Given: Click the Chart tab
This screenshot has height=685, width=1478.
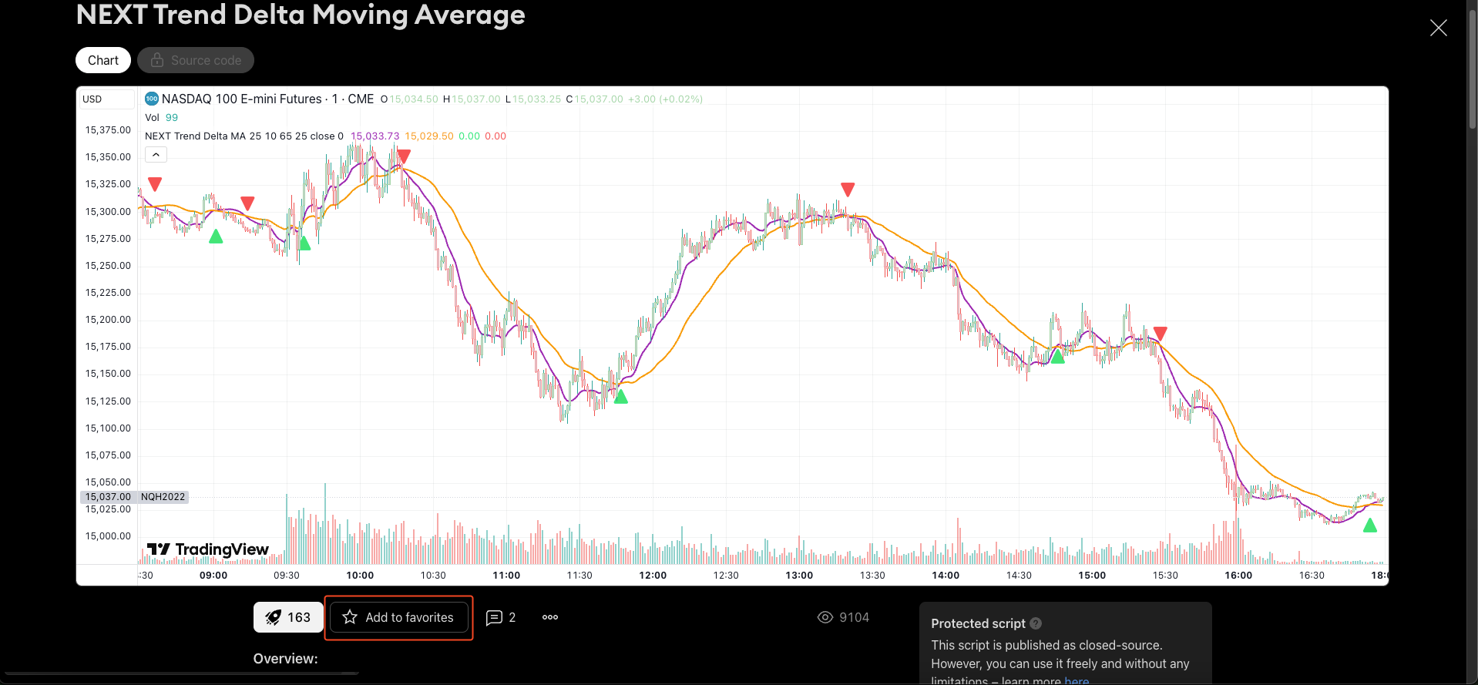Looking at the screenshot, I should (103, 60).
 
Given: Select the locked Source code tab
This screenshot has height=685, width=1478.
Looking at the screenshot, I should (196, 60).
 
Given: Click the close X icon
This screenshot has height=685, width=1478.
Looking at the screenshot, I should (1438, 29).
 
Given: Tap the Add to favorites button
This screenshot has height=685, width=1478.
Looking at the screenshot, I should (398, 617).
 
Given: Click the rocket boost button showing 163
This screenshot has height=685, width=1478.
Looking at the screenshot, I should (288, 617).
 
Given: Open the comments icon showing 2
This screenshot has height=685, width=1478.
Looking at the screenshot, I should (501, 617).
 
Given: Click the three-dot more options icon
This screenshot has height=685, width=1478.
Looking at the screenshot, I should (550, 617).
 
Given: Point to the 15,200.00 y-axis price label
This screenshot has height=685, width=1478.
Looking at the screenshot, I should (108, 320).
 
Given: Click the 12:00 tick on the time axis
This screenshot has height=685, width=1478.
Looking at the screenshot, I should (653, 576).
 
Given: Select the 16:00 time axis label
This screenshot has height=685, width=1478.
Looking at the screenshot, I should (1238, 576).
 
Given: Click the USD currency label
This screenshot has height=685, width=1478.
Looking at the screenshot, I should (92, 99).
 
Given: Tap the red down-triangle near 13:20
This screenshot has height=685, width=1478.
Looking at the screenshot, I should (848, 189).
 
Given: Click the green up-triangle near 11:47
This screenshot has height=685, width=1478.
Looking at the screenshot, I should (621, 397).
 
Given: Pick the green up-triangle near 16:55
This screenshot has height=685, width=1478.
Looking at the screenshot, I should (1369, 526).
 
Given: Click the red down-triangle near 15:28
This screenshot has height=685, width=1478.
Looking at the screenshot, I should (1160, 333).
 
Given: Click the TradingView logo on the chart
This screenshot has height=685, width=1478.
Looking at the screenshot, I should (208, 549).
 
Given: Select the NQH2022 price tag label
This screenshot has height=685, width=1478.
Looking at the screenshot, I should (163, 497).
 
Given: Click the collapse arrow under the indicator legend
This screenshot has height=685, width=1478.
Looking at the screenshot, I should (156, 155).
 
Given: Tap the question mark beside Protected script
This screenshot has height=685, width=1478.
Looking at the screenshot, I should (1036, 623).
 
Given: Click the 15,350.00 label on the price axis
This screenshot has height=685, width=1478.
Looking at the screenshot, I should (108, 157).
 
